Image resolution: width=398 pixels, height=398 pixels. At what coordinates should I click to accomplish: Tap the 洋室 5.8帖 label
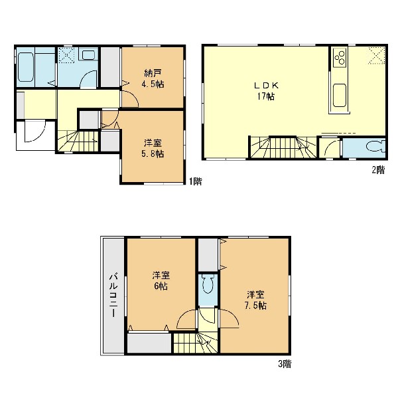154,148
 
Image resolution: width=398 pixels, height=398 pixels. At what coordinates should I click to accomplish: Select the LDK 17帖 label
266,91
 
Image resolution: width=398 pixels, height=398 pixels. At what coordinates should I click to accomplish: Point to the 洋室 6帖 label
161,280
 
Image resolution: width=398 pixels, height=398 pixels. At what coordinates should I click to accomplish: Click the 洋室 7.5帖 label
255,300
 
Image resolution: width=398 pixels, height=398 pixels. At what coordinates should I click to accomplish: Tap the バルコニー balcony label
113,294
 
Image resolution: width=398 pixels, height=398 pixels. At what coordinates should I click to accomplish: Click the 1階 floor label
196,181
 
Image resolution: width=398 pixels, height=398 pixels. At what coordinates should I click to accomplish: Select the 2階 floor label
379,169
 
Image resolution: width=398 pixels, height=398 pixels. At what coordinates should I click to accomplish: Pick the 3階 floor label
285,364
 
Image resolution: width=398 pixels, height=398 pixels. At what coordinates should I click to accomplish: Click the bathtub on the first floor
26,67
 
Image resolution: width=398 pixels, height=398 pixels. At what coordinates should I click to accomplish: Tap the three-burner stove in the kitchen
340,58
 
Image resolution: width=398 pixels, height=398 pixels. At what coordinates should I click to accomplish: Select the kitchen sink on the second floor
340,96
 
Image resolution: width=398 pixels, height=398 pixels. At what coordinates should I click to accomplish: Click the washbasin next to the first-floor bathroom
88,54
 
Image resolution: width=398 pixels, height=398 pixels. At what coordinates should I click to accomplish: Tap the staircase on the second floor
283,148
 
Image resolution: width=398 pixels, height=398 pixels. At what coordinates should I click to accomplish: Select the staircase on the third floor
196,342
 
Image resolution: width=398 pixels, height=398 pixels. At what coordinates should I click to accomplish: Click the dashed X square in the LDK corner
377,56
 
